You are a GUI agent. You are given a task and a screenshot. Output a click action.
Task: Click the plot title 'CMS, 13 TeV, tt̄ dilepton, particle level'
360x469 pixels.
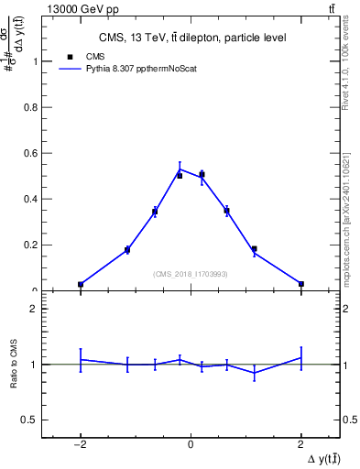point(191,38)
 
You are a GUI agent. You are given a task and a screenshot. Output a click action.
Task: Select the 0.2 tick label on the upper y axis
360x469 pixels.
point(36,245)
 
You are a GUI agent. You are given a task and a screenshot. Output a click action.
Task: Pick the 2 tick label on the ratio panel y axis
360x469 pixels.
point(38,309)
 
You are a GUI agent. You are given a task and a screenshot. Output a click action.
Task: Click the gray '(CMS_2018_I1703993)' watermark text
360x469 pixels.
point(191,274)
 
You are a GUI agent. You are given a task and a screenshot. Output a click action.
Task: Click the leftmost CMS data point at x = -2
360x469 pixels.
point(81,285)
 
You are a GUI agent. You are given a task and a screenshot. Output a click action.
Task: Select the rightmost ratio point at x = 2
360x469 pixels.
point(301,357)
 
